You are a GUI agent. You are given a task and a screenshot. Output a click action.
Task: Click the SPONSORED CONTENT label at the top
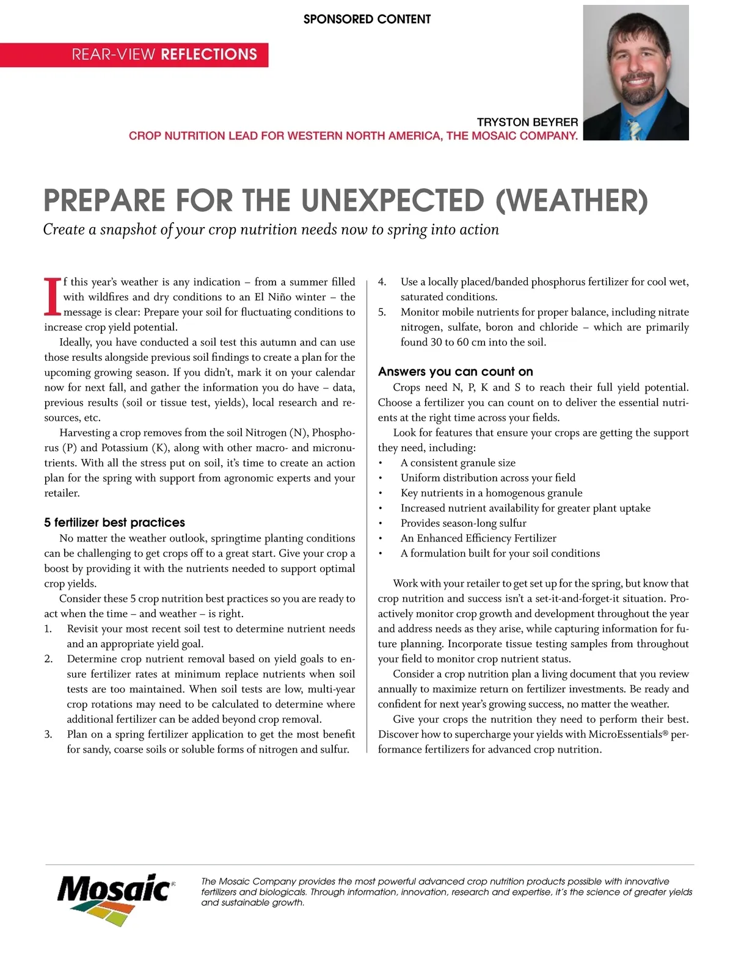point(366,19)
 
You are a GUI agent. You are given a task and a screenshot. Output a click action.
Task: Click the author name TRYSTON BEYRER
point(527,122)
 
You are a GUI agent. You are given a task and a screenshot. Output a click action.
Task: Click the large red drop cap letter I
point(53,297)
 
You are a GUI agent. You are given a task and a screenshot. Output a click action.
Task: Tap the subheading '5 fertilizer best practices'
point(114,523)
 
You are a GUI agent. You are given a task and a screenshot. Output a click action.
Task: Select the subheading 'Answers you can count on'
point(455,372)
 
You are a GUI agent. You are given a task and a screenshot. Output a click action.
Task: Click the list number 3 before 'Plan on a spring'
point(48,734)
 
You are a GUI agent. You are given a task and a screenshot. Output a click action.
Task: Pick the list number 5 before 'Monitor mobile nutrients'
point(382,312)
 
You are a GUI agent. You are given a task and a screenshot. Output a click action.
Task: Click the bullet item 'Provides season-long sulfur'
point(463,523)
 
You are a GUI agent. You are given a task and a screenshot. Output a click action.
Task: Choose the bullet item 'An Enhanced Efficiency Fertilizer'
point(478,538)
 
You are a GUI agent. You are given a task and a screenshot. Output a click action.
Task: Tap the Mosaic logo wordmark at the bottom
point(114,888)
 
